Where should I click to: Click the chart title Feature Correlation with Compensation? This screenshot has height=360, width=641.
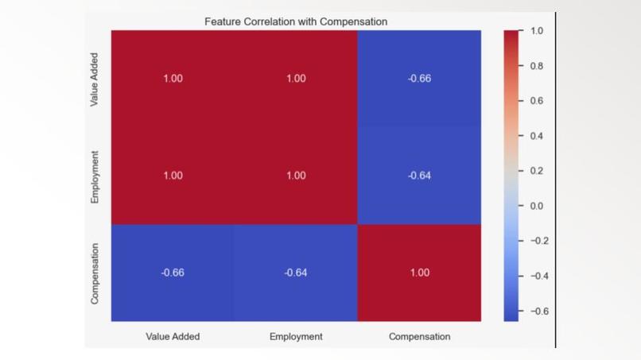(296, 21)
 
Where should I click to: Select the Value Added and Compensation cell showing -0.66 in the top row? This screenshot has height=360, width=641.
(419, 79)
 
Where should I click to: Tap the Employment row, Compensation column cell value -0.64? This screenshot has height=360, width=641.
(419, 176)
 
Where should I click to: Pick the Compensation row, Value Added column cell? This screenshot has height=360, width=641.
(173, 273)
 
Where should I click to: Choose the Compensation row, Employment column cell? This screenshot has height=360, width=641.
(296, 273)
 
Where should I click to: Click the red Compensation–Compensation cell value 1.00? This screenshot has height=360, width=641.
(419, 273)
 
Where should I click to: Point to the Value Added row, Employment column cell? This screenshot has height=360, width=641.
(296, 79)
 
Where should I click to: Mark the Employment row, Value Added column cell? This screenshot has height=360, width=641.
(173, 176)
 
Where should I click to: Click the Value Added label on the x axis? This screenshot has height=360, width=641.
(173, 337)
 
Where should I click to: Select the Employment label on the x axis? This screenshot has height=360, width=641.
(296, 337)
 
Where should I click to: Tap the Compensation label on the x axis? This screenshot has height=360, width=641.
(419, 337)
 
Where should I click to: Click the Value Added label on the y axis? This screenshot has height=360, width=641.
(95, 79)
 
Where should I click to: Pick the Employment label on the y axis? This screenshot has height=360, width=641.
(95, 176)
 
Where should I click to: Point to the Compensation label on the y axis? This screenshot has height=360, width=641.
(95, 273)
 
